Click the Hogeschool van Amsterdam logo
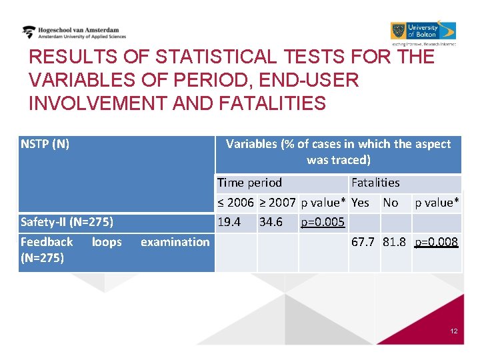[73, 33]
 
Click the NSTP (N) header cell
[45, 144]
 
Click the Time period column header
[249, 183]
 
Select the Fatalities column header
[375, 183]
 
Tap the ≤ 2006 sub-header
[235, 203]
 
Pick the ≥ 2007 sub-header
[277, 203]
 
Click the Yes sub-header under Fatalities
[360, 203]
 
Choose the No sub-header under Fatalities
[391, 203]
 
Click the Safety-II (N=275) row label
[67, 222]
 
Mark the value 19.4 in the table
[229, 222]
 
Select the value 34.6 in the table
[271, 222]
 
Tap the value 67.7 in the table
[363, 242]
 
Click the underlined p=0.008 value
[436, 243]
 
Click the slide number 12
[453, 331]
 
